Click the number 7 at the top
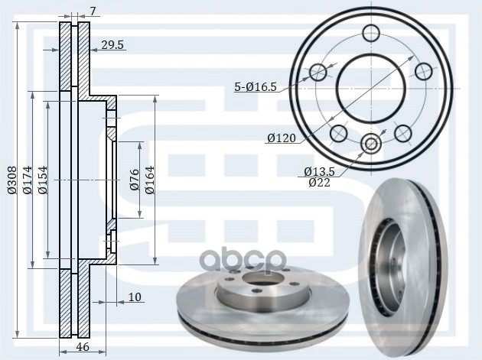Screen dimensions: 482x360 pos(93,11)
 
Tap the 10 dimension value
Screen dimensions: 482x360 pos(135,296)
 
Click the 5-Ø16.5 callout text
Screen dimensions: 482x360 pos(256,88)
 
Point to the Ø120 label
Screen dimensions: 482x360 pos(282,138)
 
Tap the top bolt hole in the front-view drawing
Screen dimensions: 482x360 pos(371,34)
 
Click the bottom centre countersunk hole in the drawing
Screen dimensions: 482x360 pos(372,144)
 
